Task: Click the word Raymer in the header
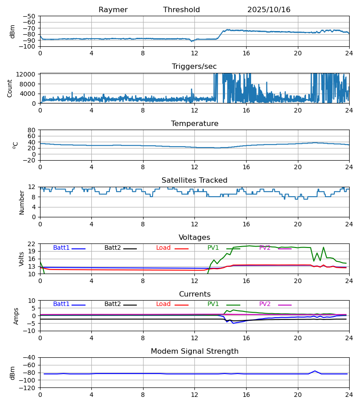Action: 113,10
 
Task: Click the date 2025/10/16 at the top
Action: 269,10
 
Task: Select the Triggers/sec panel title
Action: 194,67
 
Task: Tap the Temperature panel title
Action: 194,124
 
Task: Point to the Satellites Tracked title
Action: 194,180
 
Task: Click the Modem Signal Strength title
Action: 194,351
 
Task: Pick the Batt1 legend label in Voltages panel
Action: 61,248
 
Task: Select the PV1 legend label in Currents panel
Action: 213,304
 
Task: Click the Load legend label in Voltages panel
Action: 164,248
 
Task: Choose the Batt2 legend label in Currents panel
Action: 112,304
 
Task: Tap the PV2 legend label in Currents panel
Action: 265,304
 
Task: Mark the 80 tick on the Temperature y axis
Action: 31,130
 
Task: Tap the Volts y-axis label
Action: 22,259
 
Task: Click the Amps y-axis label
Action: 16,316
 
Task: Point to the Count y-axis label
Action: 10,88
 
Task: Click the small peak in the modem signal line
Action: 315,371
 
